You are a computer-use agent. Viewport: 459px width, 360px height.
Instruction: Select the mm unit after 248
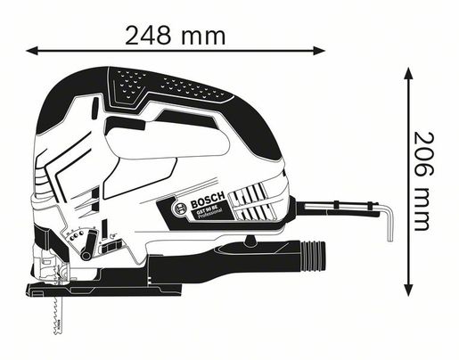click(206, 37)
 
